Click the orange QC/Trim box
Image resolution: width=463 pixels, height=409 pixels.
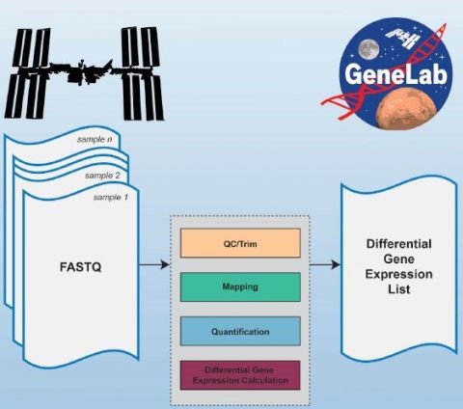240,243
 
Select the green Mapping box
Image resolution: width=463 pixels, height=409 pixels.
240,286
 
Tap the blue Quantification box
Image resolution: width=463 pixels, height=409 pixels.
240,331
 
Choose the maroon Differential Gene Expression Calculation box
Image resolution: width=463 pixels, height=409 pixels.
240,375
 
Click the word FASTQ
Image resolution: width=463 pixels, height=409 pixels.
81,267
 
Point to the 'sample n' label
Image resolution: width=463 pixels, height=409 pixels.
95,139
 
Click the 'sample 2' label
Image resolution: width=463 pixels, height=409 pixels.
102,176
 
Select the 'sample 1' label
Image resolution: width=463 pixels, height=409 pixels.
111,197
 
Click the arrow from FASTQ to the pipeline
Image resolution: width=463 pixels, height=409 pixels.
154,264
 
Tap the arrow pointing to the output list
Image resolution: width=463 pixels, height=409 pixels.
325,264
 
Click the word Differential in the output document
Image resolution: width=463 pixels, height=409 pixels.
399,244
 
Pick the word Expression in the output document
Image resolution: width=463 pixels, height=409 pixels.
399,274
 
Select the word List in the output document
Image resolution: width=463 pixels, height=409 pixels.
399,289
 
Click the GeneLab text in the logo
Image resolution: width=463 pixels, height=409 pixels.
396,74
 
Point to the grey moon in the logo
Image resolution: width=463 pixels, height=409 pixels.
368,50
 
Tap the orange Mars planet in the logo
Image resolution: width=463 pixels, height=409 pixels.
407,109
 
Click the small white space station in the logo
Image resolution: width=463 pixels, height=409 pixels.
403,37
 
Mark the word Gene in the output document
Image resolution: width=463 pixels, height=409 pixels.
399,259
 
